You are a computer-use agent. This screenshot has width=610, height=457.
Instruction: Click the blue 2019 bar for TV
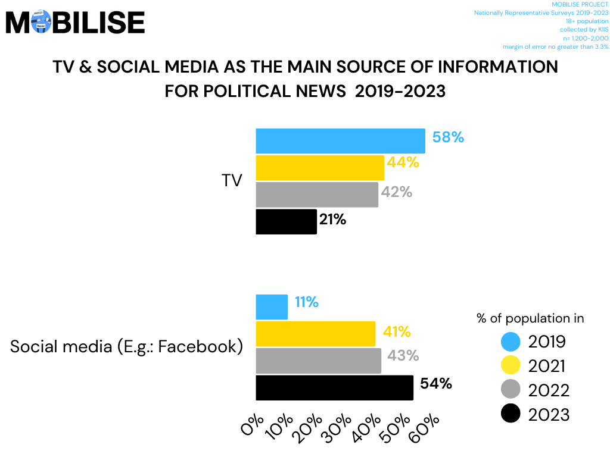[340, 141]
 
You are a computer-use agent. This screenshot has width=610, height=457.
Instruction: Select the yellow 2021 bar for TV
[320, 168]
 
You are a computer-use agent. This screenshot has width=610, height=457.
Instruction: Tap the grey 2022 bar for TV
[317, 195]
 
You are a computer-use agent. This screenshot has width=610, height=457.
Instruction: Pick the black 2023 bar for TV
[286, 221]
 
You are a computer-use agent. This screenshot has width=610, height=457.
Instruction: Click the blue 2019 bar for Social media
[272, 307]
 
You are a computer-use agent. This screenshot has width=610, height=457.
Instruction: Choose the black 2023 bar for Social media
[334, 387]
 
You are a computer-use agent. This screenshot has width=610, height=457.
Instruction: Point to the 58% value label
[448, 137]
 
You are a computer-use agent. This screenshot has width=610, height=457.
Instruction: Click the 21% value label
[332, 220]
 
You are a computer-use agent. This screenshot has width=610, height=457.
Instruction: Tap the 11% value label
[306, 302]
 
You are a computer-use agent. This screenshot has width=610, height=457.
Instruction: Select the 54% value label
[436, 384]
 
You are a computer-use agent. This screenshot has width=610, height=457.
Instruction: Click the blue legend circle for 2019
[511, 342]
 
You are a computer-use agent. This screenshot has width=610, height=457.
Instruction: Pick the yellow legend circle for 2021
[511, 365]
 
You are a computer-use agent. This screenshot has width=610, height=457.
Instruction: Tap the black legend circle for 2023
[511, 414]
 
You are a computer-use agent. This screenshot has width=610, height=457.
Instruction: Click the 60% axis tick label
[425, 428]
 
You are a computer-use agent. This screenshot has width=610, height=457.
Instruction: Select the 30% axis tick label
[338, 428]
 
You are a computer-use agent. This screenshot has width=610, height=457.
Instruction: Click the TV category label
[232, 181]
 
